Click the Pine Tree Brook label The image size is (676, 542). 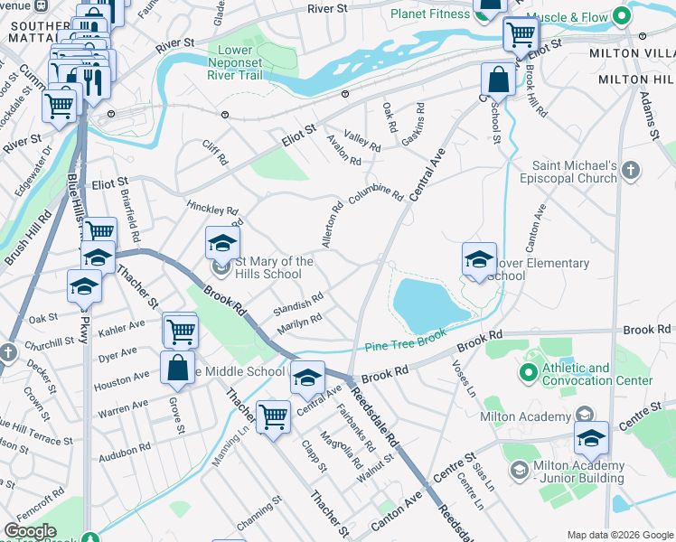coord(407,345)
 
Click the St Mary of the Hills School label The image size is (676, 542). coord(275,267)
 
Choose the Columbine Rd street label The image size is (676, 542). coord(376,193)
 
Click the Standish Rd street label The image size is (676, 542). coord(299,302)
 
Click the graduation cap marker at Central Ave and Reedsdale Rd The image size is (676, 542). coord(307,378)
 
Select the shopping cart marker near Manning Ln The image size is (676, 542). coord(272,417)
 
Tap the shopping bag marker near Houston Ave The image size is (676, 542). coord(177,368)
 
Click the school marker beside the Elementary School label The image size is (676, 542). coord(478,259)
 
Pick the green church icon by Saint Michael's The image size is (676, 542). coord(631,170)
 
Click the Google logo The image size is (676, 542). coord(30,531)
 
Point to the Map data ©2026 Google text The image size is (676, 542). coord(619,534)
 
